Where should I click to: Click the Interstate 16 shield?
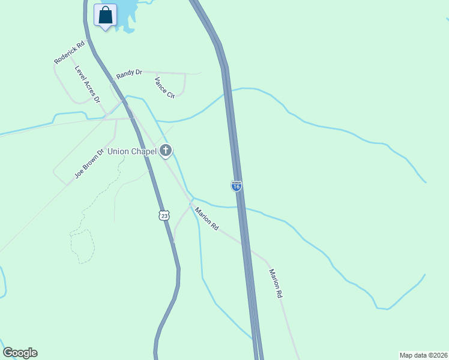237,187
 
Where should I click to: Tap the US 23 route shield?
164,215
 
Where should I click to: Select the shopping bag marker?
106,15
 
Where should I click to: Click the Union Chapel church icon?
166,151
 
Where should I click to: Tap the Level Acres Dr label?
87,84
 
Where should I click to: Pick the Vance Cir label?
164,88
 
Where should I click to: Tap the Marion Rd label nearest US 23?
206,218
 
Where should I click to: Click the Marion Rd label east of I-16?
276,283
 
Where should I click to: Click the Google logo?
20,353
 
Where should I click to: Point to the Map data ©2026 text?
423,355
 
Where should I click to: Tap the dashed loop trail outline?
82,246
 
